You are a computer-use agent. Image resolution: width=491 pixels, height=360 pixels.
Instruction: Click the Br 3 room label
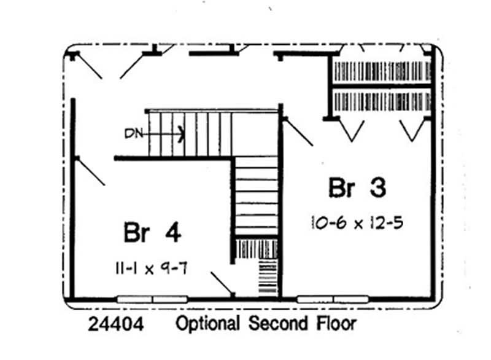tap(357, 188)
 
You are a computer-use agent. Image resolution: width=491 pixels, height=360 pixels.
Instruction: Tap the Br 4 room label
tap(152, 233)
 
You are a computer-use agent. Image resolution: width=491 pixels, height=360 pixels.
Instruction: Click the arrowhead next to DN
tap(180, 131)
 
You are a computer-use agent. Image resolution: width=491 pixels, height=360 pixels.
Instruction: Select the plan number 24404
tap(116, 324)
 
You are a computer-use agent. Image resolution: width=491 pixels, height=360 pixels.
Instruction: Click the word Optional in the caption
tap(209, 324)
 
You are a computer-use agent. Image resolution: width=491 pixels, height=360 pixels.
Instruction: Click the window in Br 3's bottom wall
tap(333, 299)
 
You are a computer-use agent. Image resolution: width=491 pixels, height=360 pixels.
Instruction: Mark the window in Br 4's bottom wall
tap(152, 299)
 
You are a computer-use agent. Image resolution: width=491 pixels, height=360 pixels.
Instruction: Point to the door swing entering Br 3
tap(298, 131)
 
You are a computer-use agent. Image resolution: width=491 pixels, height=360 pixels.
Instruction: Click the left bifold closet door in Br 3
tap(352, 130)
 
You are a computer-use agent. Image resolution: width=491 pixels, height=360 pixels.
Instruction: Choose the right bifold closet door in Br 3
tap(411, 130)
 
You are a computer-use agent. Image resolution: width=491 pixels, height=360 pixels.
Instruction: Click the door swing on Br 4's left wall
tap(90, 171)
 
